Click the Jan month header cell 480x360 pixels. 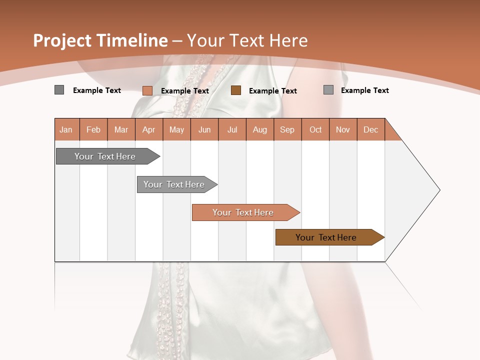tap(66, 129)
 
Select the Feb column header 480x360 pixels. tap(93, 129)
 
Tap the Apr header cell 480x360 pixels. tap(149, 129)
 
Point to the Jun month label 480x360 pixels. tap(204, 129)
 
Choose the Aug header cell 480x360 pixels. tap(260, 129)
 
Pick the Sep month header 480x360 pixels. tap(287, 129)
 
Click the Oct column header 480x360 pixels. tap(315, 129)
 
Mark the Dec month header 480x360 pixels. tap(371, 129)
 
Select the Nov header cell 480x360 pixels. tap(343, 129)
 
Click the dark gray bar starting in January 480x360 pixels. tap(105, 156)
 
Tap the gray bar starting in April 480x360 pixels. tap(174, 184)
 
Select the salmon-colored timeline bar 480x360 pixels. tap(243, 212)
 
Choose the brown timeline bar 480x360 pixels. tap(326, 237)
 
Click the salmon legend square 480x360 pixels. tap(147, 90)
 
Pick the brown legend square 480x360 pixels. tap(236, 90)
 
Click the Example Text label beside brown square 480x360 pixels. tap(273, 91)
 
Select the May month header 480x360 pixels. tap(176, 129)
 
